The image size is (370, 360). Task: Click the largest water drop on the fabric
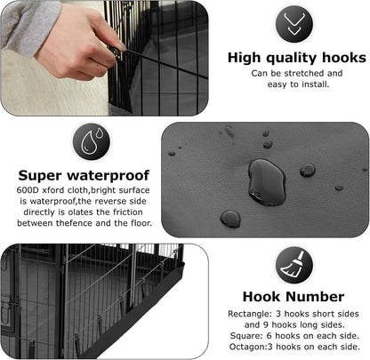266,181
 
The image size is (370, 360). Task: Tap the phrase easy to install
291,85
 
